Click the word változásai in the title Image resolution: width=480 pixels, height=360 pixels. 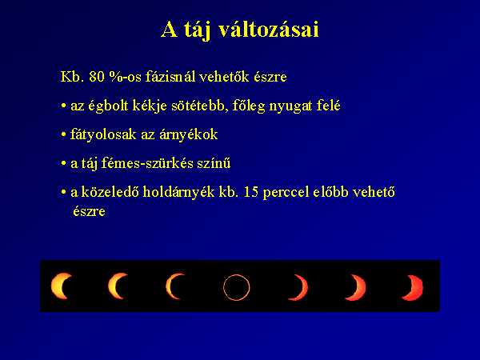click(x=269, y=30)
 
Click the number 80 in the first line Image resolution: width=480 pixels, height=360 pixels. click(x=97, y=77)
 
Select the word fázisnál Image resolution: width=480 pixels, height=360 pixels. click(x=170, y=76)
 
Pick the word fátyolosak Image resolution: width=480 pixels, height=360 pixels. click(x=103, y=134)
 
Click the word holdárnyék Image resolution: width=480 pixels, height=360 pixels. click(x=178, y=192)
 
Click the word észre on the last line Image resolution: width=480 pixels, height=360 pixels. click(x=89, y=211)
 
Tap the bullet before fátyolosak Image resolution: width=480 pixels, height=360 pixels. click(x=64, y=134)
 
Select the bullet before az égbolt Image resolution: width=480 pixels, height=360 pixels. click(x=64, y=106)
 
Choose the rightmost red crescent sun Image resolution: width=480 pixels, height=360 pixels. click(x=418, y=287)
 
